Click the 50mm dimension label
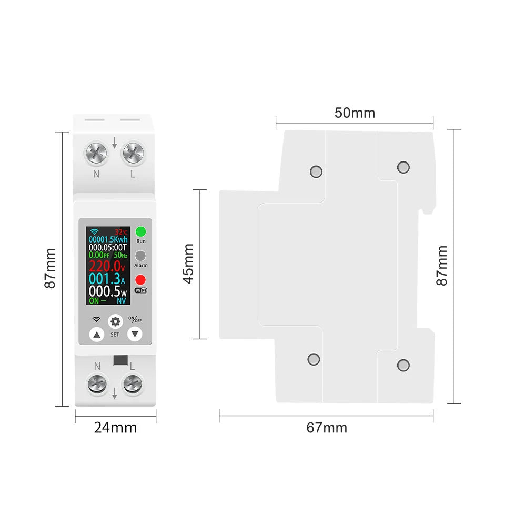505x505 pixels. pos(355,113)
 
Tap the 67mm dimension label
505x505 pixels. pos(327,428)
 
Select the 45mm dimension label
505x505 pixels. pos(188,264)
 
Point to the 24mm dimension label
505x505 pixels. pos(115,427)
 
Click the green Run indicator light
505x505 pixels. pos(140,231)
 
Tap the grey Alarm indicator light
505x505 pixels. pos(140,256)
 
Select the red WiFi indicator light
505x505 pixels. pos(140,280)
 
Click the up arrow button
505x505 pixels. pos(96,334)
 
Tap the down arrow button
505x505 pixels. pos(135,334)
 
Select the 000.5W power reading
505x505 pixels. pos(107,291)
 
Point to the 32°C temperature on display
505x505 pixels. pos(122,231)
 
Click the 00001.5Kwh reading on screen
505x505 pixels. pos(107,239)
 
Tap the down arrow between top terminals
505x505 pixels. pos(114,143)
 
